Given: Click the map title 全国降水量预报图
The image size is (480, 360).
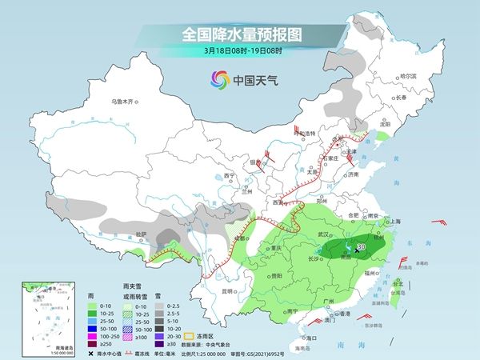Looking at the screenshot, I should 239,34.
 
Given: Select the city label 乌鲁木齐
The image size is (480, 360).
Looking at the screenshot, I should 126,102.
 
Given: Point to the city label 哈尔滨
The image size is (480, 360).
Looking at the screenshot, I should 408,76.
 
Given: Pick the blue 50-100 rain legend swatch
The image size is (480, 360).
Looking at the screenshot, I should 92,326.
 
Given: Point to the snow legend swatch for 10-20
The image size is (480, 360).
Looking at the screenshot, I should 160,326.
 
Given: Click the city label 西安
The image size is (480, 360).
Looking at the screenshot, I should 282,204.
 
